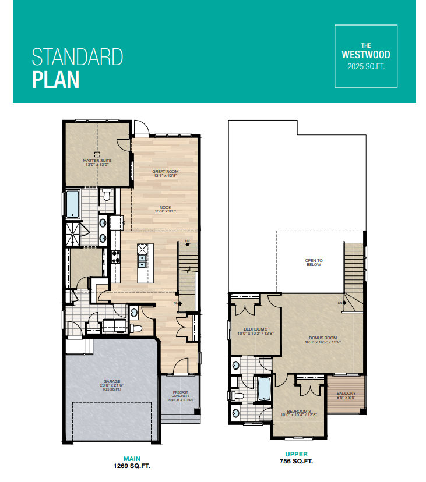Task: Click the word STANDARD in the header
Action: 77,58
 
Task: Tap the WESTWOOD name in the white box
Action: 365,55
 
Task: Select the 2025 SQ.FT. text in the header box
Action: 365,66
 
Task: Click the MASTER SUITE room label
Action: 97,160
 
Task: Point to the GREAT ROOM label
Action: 165,171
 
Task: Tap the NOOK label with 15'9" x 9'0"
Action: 165,208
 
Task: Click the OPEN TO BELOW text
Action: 314,262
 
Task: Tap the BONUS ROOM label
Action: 323,338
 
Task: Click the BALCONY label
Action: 346,394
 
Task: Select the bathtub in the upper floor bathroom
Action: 263,389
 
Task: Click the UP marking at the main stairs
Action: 187,241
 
